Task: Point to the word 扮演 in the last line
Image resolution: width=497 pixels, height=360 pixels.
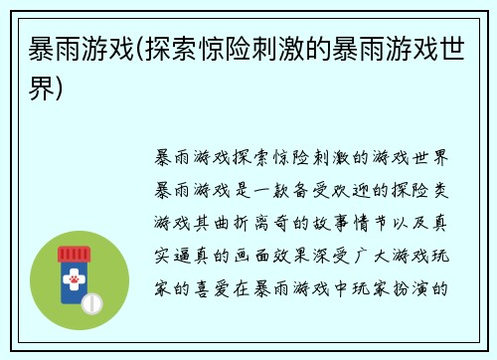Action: [x=420, y=292]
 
